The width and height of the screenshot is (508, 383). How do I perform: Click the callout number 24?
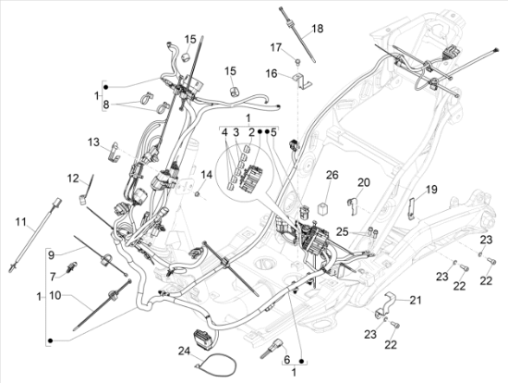[x=185, y=351]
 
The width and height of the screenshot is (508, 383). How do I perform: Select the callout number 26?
[x=333, y=175]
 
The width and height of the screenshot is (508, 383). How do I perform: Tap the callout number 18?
[x=318, y=29]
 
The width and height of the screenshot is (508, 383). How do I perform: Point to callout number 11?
[x=21, y=222]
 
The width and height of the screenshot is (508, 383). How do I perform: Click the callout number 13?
[x=94, y=142]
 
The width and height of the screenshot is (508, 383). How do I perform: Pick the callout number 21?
[x=416, y=301]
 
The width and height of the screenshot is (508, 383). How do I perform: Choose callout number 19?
[x=431, y=190]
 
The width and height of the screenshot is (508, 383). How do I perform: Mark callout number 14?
[x=207, y=175]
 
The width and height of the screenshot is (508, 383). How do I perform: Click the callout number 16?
[x=272, y=74]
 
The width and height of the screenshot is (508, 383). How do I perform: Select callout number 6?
[x=287, y=360]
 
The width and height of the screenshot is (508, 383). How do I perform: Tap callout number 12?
[x=74, y=179]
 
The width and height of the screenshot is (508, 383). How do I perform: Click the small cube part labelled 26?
[x=324, y=208]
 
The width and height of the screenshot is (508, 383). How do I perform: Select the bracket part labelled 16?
[x=301, y=81]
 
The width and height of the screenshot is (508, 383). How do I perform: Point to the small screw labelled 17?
[x=297, y=61]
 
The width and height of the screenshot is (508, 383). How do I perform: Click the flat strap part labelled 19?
[x=411, y=208]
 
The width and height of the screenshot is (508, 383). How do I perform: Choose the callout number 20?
[x=364, y=182]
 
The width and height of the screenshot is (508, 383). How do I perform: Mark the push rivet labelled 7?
[x=72, y=267]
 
